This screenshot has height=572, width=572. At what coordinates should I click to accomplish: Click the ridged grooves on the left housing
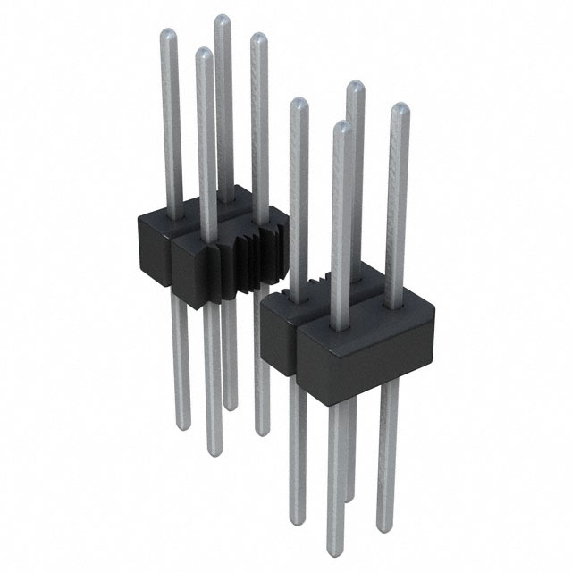point(252,255)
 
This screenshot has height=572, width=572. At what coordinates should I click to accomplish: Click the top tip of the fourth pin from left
point(258,38)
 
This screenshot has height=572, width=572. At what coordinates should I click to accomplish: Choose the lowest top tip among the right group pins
point(341,126)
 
